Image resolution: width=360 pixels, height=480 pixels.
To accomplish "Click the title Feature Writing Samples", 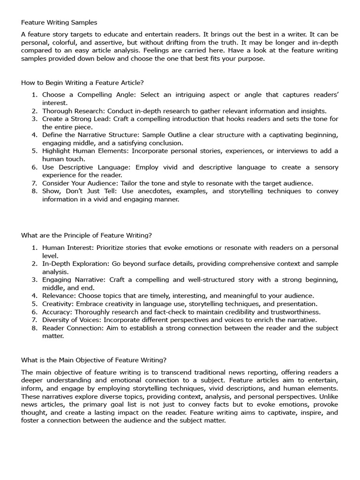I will pos(59,22).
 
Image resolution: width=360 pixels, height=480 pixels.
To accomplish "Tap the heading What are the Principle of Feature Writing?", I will pos(86,235).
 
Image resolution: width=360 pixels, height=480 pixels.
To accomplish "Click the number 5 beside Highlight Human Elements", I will pos(34,151).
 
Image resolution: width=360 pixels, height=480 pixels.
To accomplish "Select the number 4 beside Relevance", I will pos(34,296).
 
